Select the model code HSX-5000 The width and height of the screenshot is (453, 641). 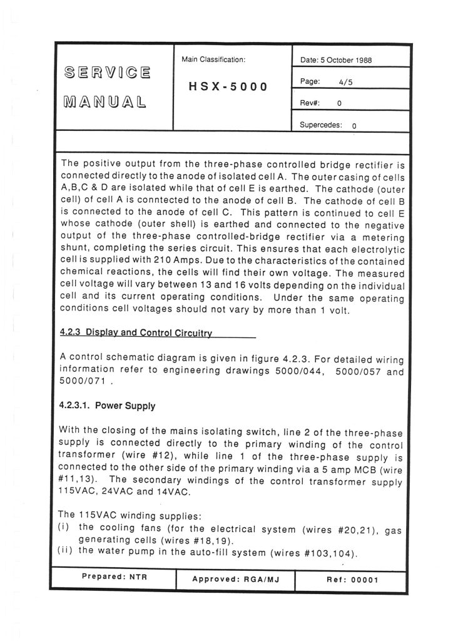[x=228, y=86]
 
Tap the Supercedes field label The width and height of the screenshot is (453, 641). [x=320, y=125]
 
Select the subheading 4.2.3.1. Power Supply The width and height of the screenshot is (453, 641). [x=107, y=405]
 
